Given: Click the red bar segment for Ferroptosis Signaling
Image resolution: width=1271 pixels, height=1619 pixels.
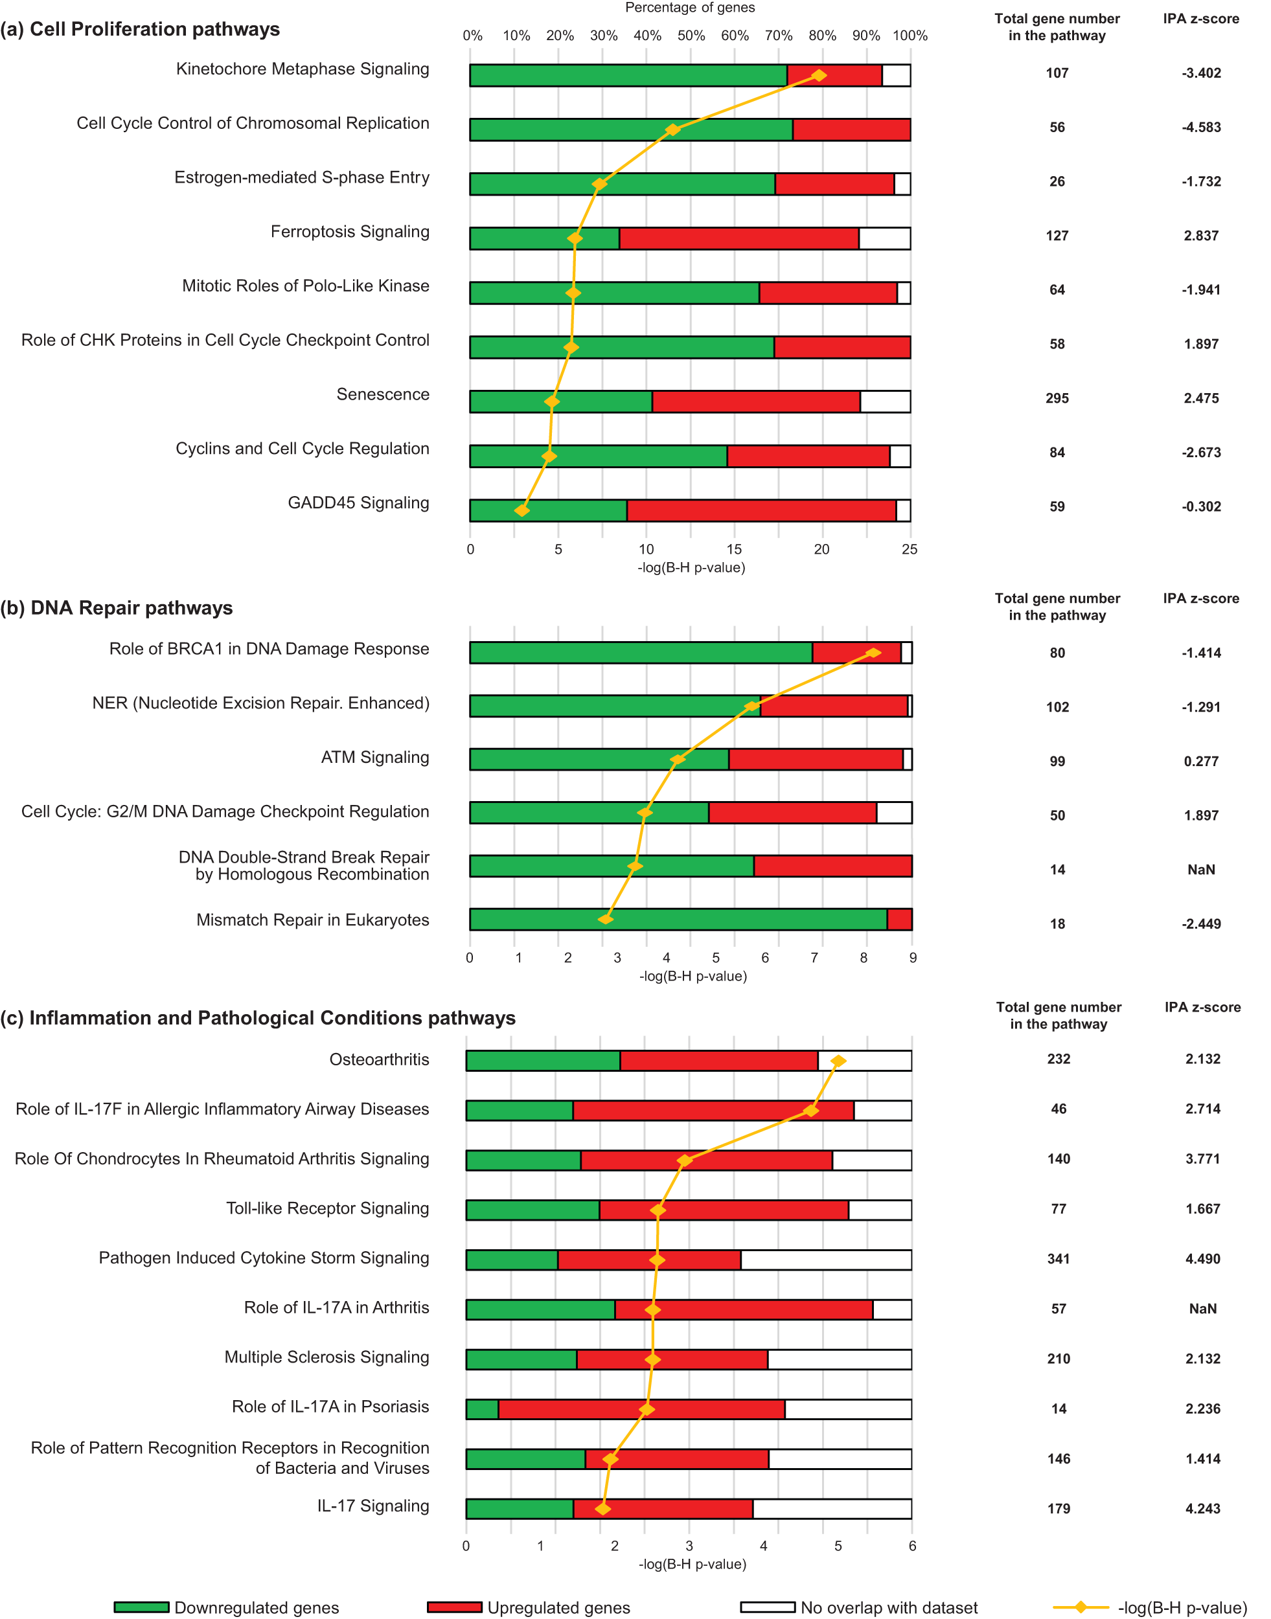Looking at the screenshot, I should click(x=739, y=238).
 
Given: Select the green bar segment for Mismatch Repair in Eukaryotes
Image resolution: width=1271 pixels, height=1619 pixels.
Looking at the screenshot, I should click(x=677, y=919).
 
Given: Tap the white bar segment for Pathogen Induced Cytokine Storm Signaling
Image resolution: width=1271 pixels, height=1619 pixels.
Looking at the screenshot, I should click(x=825, y=1259).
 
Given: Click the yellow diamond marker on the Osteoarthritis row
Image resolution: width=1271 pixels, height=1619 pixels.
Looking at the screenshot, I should click(x=837, y=1060).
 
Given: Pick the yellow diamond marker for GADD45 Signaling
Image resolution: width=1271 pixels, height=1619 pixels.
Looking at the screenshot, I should click(x=521, y=510).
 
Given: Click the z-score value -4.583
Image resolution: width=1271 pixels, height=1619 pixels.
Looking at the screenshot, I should click(x=1200, y=127).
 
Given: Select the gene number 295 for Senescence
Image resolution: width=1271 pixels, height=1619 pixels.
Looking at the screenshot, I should click(x=1056, y=398).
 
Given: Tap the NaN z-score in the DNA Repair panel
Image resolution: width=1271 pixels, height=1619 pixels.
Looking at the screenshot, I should click(x=1200, y=869).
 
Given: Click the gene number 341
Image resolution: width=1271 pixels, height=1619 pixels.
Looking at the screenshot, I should click(x=1057, y=1259).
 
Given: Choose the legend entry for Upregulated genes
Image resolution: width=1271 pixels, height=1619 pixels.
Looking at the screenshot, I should click(x=558, y=1607).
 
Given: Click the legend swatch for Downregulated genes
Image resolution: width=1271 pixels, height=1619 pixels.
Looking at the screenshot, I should click(x=141, y=1607).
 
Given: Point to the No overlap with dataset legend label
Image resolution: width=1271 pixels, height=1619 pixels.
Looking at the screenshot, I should click(x=889, y=1607).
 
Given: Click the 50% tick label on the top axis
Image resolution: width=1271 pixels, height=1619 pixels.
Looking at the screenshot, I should click(x=691, y=36).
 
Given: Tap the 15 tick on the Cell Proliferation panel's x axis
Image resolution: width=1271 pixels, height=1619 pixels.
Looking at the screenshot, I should click(x=734, y=549).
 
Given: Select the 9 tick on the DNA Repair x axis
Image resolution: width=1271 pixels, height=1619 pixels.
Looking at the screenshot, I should click(x=912, y=958).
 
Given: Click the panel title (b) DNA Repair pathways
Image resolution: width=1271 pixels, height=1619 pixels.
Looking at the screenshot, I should click(x=117, y=608).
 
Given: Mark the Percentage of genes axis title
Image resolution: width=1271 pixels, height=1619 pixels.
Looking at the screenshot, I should click(x=689, y=7).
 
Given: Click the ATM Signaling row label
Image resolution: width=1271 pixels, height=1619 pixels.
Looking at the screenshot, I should click(x=374, y=758).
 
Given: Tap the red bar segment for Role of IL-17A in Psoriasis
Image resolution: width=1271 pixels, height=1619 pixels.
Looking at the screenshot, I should click(x=641, y=1409).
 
